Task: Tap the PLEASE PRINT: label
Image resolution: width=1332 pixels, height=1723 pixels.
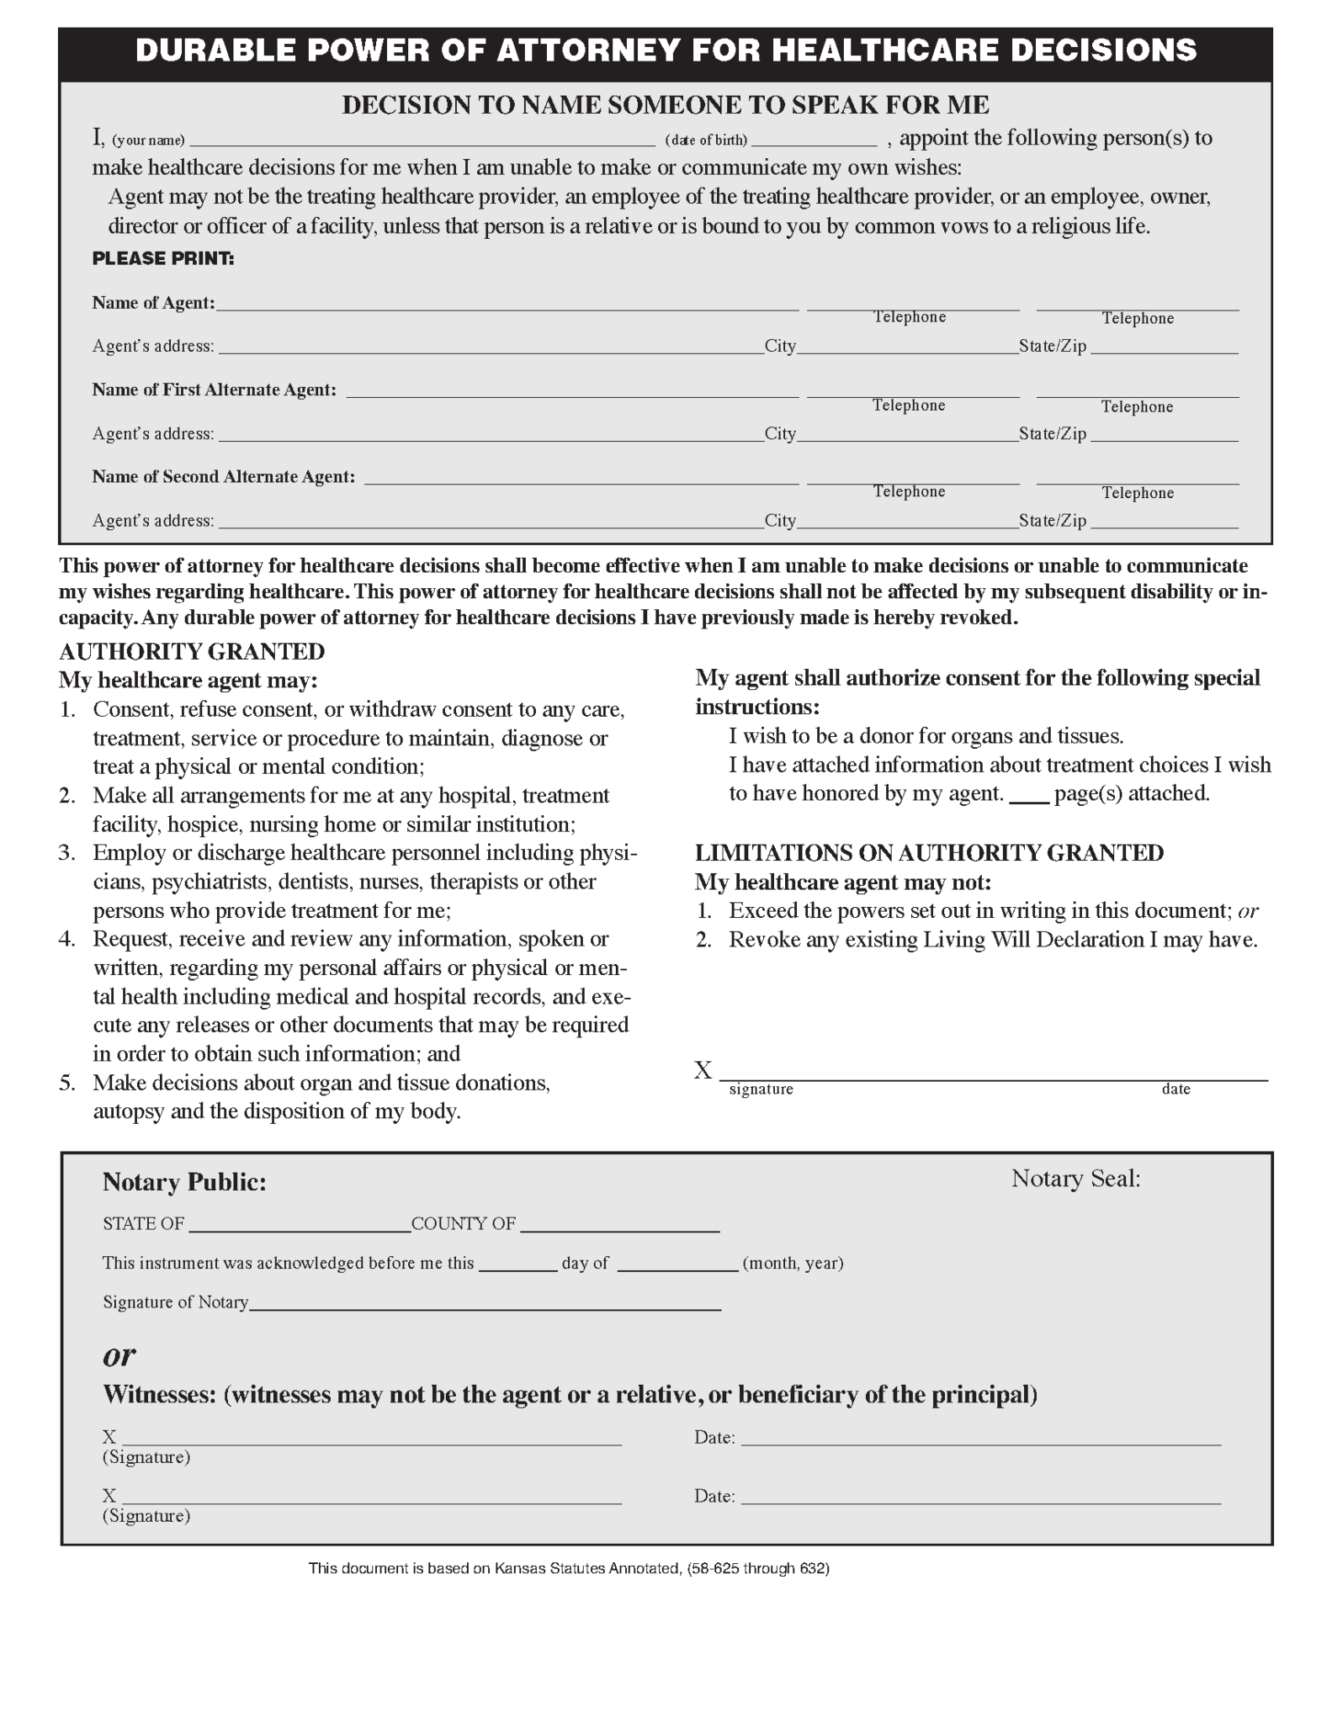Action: (x=163, y=259)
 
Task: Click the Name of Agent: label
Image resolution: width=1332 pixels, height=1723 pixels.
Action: (x=153, y=303)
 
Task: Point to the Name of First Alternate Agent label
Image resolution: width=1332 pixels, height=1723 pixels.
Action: (x=214, y=390)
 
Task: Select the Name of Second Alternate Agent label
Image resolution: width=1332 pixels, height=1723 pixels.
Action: (x=223, y=477)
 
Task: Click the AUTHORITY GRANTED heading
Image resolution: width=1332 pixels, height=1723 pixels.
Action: (x=192, y=652)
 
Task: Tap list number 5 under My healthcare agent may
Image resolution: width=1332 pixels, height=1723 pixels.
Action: (x=67, y=1083)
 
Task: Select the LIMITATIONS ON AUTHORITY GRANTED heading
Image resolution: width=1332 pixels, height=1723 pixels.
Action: (x=929, y=853)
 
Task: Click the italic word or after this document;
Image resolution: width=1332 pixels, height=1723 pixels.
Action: (x=1248, y=911)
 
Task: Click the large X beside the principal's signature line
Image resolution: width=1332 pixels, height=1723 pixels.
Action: (x=703, y=1071)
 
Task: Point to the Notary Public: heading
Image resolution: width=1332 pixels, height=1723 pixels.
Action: (x=184, y=1183)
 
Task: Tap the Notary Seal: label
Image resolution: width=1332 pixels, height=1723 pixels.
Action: (x=1075, y=1179)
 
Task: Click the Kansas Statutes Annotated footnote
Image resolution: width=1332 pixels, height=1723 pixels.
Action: (x=569, y=1568)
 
